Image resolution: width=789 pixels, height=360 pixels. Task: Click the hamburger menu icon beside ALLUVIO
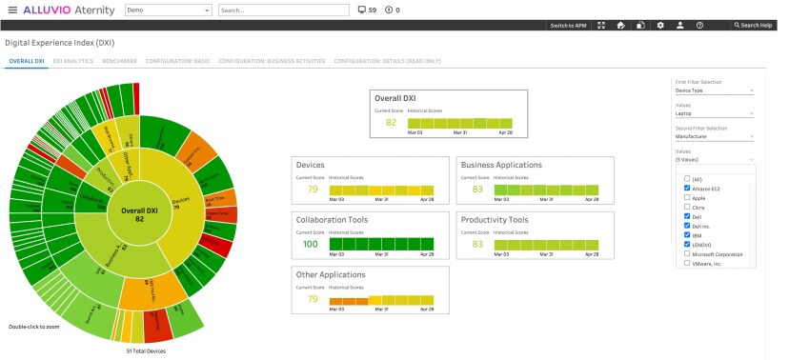point(12,10)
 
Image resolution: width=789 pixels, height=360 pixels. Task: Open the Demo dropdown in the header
point(168,10)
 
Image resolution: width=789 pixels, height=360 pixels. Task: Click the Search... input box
point(281,10)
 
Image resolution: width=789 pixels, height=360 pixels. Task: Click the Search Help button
point(756,25)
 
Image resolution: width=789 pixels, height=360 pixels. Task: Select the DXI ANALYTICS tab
point(73,60)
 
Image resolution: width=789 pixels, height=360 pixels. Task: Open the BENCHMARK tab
point(119,60)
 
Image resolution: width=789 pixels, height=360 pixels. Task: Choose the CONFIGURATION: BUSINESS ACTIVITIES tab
point(271,60)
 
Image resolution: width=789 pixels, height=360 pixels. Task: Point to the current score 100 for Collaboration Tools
point(309,245)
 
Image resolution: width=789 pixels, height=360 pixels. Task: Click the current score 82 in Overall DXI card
point(391,123)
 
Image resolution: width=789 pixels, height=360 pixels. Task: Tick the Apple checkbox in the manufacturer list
point(687,197)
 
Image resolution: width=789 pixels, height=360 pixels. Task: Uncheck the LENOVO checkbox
point(687,244)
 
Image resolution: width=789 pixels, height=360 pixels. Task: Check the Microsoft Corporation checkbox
point(687,253)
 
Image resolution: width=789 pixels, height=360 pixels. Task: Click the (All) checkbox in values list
point(687,178)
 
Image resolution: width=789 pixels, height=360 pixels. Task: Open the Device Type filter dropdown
point(714,91)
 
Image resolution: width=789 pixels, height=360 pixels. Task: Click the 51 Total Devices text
point(147,350)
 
